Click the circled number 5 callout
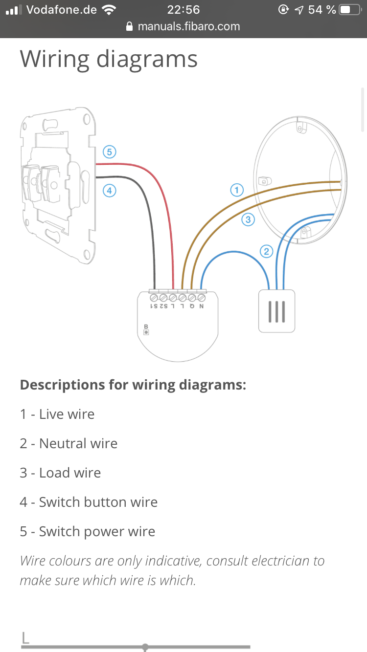tap(109, 152)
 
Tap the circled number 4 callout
tap(109, 191)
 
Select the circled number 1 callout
tap(237, 190)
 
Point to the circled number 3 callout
tap(248, 219)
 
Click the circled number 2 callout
tap(266, 252)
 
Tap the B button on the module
tap(146, 331)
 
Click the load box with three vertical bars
tap(276, 311)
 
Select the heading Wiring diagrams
tap(109, 59)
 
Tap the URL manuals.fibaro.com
tap(189, 26)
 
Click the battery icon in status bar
tap(349, 10)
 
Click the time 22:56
tap(183, 10)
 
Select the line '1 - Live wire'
tap(57, 414)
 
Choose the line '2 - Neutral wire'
tap(69, 443)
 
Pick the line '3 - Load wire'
tap(60, 473)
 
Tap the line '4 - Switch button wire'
tap(89, 502)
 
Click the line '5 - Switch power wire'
tap(88, 531)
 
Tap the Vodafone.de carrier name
tap(62, 10)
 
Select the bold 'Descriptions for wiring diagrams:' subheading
tap(133, 385)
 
